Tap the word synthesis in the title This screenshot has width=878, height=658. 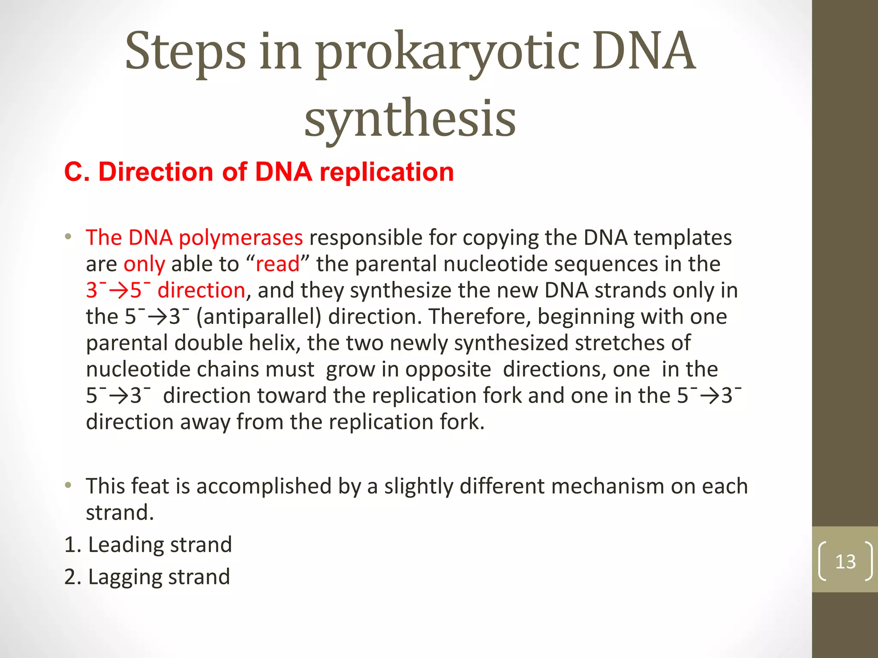point(410,118)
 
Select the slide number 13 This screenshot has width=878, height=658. point(845,561)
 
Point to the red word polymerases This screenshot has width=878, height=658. point(241,238)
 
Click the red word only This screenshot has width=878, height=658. point(144,264)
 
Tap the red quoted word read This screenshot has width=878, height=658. point(277,264)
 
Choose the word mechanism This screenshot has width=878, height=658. point(607,487)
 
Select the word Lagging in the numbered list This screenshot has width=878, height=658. point(125,577)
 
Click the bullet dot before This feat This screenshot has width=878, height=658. point(68,486)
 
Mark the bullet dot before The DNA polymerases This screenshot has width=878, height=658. point(68,236)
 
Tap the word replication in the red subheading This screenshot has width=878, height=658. point(386,172)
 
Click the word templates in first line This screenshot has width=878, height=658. point(683,238)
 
